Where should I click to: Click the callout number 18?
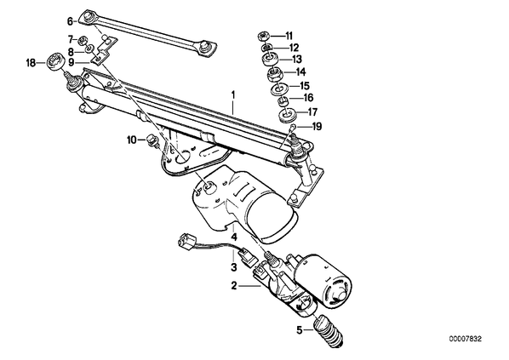click(x=31, y=63)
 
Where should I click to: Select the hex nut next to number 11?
click(x=262, y=36)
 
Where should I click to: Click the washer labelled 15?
click(x=277, y=88)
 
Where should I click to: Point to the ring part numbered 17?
click(x=287, y=116)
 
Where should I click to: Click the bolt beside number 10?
click(x=152, y=140)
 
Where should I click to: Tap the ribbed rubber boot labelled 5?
click(x=329, y=331)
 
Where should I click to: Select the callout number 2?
click(x=234, y=286)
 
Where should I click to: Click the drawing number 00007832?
click(x=466, y=339)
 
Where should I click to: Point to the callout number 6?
click(x=70, y=21)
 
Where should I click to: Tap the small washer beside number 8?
click(x=89, y=49)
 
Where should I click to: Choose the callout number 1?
click(x=232, y=95)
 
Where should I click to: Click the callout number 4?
click(x=234, y=237)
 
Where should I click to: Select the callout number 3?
click(x=234, y=267)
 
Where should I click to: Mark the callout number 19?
click(x=317, y=126)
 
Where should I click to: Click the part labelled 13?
click(x=269, y=59)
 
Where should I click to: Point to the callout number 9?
click(x=71, y=61)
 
